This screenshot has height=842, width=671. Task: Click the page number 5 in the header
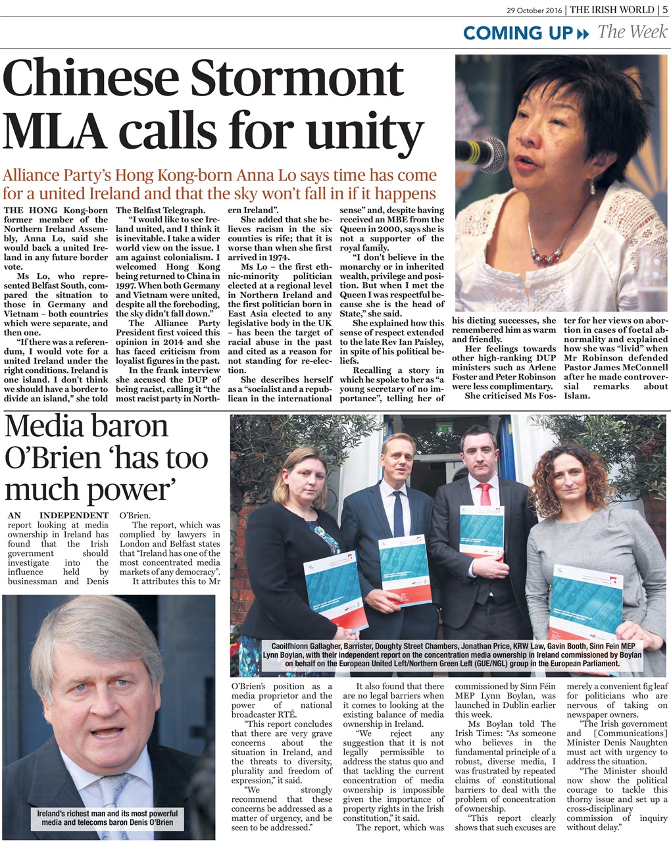coord(665,9)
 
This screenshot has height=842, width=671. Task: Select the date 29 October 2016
coord(535,10)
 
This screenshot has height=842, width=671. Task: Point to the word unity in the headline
coord(359,132)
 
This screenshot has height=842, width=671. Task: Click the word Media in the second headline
coord(45,427)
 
